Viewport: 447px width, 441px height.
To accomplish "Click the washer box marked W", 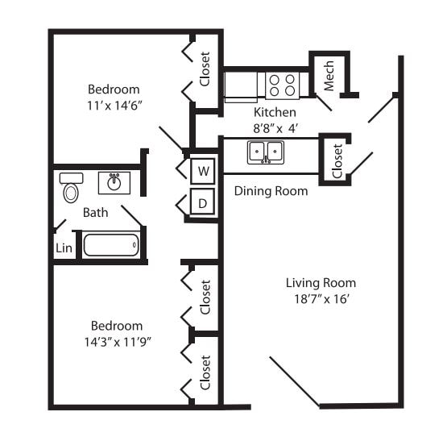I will (203, 171).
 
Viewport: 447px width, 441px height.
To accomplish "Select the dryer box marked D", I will (203, 202).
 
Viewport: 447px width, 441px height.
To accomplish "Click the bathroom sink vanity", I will (114, 183).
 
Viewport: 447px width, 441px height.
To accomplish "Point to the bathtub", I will (110, 244).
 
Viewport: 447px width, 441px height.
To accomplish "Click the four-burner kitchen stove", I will (282, 85).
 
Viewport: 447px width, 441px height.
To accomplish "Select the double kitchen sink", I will (265, 152).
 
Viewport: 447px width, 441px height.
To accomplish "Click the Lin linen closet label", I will (64, 248).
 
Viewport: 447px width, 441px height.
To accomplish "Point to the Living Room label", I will (321, 283).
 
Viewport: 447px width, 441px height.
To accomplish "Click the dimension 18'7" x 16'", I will (321, 299).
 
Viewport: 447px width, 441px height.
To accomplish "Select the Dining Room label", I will (271, 191).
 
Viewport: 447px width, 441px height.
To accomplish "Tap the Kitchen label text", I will (275, 112).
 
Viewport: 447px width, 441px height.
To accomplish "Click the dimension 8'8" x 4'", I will (275, 127).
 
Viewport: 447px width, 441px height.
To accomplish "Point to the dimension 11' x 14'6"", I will (114, 105).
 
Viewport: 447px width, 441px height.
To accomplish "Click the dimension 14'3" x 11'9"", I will (117, 341).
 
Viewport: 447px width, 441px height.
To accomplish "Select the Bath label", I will (95, 213).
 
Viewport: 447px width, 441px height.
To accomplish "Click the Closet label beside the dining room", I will (336, 160).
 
